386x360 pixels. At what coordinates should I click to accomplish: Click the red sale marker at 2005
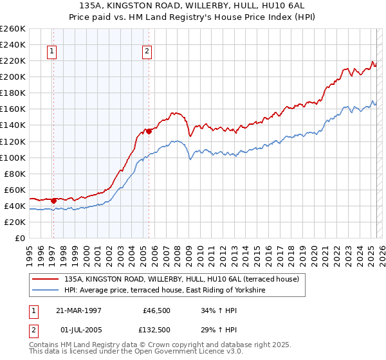[149, 131]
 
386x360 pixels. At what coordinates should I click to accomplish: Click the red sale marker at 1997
[54, 201]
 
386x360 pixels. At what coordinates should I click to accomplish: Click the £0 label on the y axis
[19, 238]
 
